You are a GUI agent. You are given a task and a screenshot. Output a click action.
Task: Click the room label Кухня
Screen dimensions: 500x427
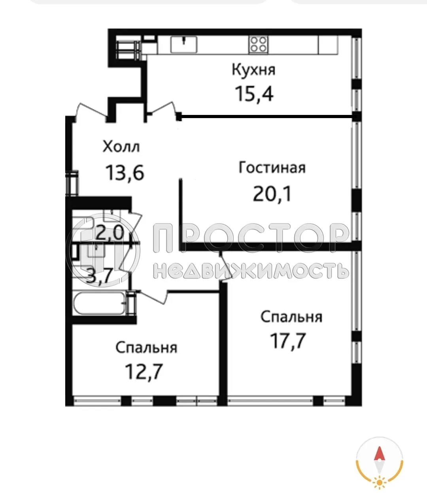point(253,70)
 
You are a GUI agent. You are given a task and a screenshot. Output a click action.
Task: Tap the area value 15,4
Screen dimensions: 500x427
point(254,94)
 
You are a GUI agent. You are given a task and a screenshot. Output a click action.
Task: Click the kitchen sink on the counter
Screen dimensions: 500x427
point(184,44)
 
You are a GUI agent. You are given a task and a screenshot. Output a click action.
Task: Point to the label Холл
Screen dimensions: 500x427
point(121,147)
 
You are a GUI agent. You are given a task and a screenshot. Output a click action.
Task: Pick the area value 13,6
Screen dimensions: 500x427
point(124,172)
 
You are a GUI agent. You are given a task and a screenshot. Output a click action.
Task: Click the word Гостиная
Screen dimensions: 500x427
point(272,167)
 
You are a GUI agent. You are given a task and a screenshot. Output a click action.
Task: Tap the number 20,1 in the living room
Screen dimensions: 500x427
point(272,194)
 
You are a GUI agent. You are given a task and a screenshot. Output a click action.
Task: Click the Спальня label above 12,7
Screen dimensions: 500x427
point(146,348)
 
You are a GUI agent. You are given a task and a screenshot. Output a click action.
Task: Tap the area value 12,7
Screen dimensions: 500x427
point(144,372)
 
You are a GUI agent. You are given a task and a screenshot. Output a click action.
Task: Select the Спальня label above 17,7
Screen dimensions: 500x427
point(291,317)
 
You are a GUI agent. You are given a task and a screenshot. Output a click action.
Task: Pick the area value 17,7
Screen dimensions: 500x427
point(288,341)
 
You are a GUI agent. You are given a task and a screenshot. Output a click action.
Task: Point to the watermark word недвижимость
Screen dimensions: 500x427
point(251,271)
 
